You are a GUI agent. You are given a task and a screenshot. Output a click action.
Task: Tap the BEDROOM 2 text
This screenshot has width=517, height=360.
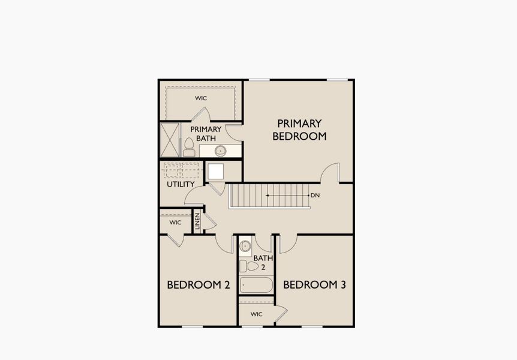(x=199, y=285)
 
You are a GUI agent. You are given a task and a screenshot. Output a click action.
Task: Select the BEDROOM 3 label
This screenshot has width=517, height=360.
(x=314, y=285)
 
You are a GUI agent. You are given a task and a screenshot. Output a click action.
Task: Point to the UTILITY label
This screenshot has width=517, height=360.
(x=180, y=184)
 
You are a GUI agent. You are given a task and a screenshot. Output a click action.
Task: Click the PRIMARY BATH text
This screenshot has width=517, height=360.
(x=206, y=133)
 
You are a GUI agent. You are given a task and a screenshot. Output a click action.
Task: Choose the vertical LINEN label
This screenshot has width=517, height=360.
(x=197, y=221)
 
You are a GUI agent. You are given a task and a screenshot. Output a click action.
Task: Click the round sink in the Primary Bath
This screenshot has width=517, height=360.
(x=221, y=150)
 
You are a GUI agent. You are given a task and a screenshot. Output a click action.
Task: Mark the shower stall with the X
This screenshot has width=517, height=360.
(x=170, y=139)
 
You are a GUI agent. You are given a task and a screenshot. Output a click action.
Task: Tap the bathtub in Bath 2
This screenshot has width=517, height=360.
(x=257, y=284)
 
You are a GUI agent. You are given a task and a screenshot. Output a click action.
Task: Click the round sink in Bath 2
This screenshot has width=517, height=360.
(x=245, y=246)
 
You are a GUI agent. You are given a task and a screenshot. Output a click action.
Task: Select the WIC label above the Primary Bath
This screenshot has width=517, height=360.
(x=201, y=98)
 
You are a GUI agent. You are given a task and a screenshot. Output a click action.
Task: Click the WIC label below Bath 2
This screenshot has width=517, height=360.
(x=256, y=314)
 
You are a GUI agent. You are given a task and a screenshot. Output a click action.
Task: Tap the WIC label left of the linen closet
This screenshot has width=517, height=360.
(x=175, y=223)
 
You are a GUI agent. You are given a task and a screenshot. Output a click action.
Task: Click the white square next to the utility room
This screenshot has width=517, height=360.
(x=215, y=170)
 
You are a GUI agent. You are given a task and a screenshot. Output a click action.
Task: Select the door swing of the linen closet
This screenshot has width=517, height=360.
(x=210, y=223)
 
